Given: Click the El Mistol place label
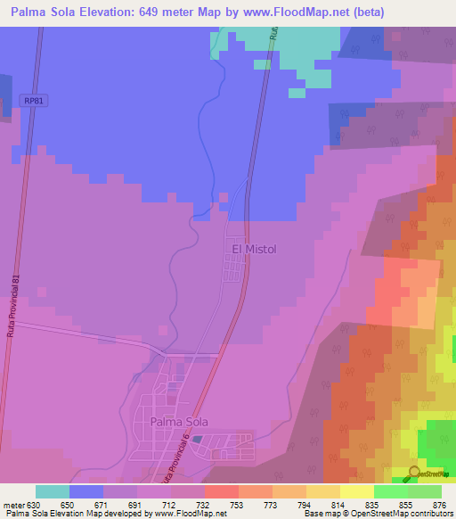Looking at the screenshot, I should point(255,250).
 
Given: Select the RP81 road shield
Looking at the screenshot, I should point(34,101).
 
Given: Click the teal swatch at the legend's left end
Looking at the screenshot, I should point(53,491).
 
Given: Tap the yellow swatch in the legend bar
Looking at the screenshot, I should point(356,491).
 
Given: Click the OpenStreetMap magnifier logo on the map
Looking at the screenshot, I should point(415,473).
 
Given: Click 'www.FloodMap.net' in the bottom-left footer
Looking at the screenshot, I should point(188,514).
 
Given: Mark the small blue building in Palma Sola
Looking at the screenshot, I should point(197,440).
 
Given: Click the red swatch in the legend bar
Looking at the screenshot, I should point(221,491).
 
